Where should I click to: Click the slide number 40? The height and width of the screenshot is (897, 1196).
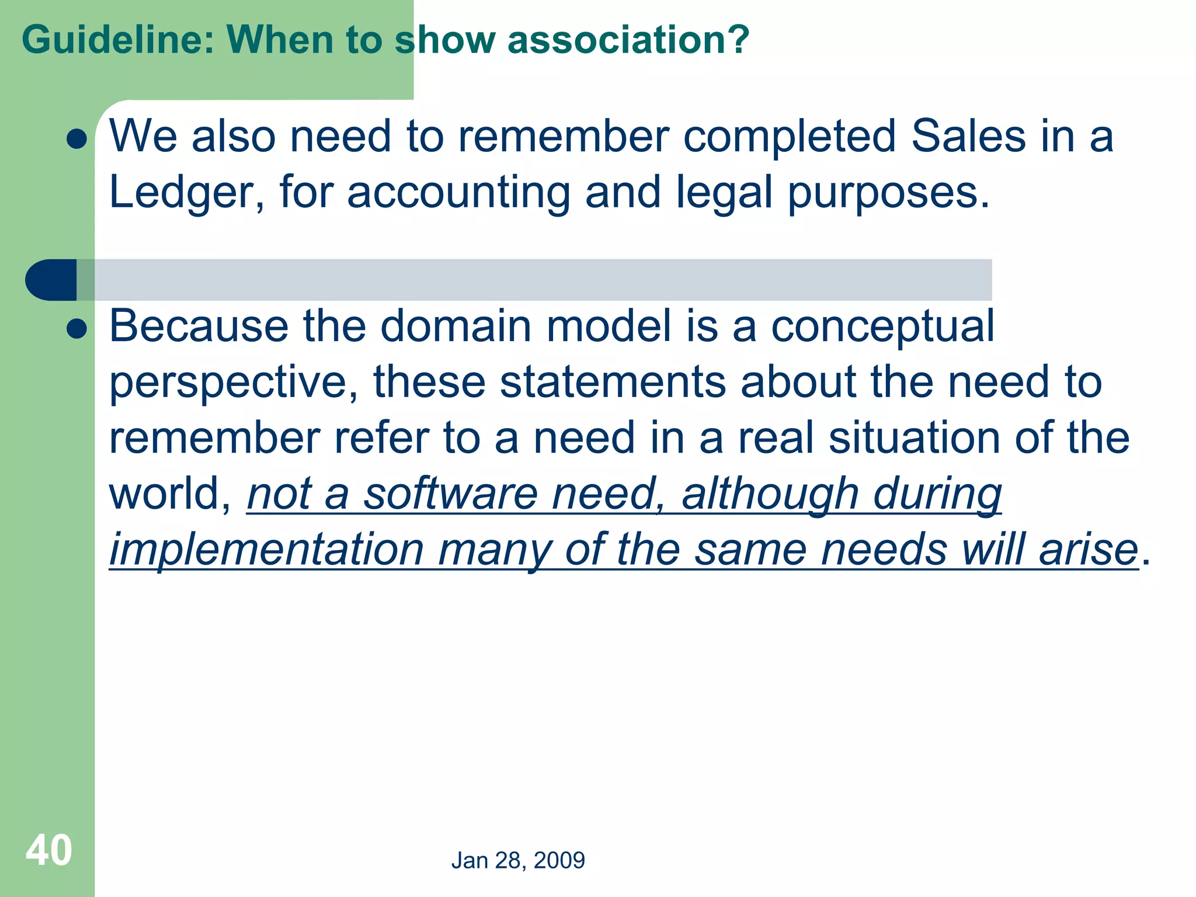pyautogui.click(x=49, y=850)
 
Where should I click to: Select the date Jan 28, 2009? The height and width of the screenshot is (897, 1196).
pyautogui.click(x=518, y=860)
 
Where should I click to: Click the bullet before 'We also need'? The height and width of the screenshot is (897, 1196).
pyautogui.click(x=77, y=139)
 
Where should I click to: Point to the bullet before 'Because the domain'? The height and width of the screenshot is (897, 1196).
pyautogui.click(x=77, y=329)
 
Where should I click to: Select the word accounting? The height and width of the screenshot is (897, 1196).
pyautogui.click(x=458, y=193)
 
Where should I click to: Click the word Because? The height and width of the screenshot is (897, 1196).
pyautogui.click(x=199, y=326)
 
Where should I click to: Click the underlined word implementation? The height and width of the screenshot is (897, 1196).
pyautogui.click(x=266, y=550)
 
